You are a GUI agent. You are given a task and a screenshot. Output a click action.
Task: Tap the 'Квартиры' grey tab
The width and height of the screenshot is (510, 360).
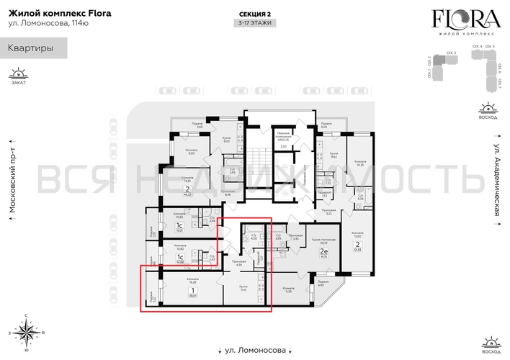(29, 49)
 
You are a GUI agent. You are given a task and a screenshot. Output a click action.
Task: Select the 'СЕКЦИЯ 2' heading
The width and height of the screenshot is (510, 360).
(254, 14)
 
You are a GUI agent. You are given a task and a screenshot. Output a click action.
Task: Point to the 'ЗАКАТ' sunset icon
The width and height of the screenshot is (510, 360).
(19, 75)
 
